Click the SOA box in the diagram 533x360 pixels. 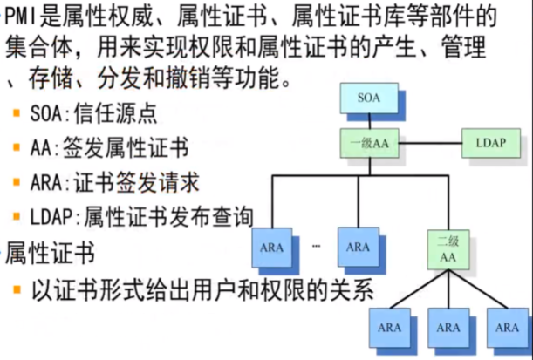[x=369, y=98]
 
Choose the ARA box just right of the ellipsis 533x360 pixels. [x=358, y=248]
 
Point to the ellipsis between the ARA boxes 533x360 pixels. [x=316, y=248]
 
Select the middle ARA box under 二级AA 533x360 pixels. [x=448, y=329]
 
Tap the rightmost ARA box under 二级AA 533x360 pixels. [x=507, y=329]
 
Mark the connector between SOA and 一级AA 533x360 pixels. [x=369, y=120]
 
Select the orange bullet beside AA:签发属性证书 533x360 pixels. [x=17, y=149]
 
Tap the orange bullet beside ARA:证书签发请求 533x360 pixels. [x=17, y=183]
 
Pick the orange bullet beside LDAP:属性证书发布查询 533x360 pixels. [x=17, y=217]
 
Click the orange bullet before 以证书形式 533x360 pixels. [x=17, y=289]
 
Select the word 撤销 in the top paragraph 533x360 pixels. [x=179, y=81]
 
